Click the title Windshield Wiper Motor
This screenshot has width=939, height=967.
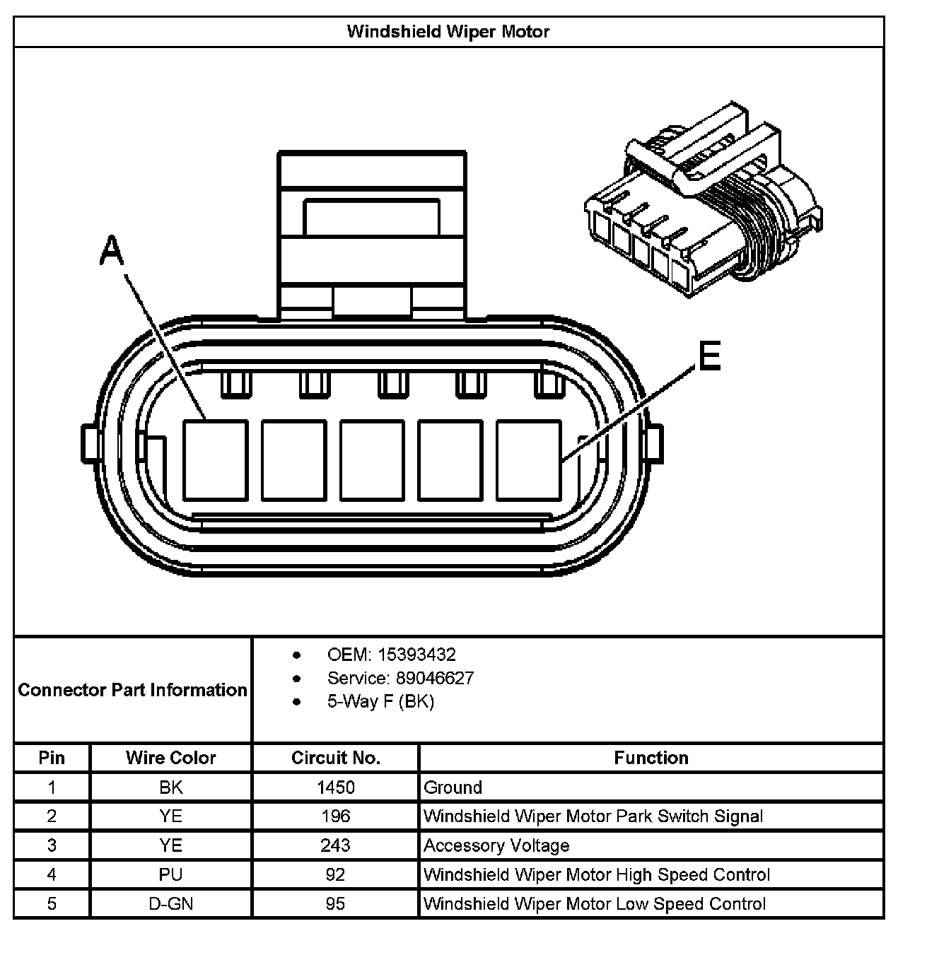(448, 32)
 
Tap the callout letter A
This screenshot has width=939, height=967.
(112, 252)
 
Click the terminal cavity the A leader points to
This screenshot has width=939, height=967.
(215, 459)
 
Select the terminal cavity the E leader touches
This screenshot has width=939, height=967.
(528, 459)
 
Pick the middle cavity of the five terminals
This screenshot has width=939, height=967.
(372, 459)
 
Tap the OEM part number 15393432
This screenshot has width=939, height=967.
(416, 655)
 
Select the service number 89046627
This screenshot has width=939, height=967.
(435, 679)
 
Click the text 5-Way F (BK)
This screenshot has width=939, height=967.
(380, 701)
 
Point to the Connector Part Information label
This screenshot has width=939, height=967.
(133, 690)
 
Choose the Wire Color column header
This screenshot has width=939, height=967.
(170, 758)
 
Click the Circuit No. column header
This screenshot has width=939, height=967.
(336, 758)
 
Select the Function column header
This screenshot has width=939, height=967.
(651, 758)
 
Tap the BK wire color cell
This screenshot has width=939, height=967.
(170, 787)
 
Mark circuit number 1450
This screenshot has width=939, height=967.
(336, 787)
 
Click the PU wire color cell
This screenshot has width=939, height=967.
(170, 874)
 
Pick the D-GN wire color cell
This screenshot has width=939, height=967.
(170, 904)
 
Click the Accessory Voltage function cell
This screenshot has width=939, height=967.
(496, 845)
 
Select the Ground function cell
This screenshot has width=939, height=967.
(453, 787)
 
